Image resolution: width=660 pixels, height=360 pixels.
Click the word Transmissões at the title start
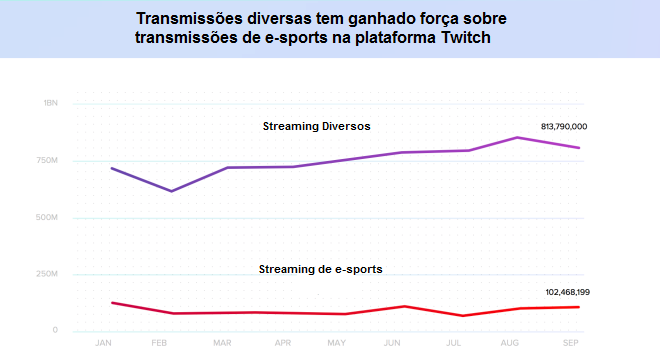coord(185,19)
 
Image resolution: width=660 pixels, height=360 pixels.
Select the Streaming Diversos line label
coord(316,126)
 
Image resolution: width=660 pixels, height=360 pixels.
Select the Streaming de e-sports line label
coord(320,269)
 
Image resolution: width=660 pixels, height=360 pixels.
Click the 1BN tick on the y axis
coord(51,103)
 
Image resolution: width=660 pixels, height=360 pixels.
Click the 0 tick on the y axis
coord(56,331)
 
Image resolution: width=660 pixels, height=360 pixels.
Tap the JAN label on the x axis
coord(102,343)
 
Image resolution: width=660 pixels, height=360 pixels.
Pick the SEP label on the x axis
coord(571,343)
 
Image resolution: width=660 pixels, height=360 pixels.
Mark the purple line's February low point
coord(172,191)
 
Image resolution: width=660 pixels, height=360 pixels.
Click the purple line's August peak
coord(517,137)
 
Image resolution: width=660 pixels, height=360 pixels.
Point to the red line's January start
coord(111,302)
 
